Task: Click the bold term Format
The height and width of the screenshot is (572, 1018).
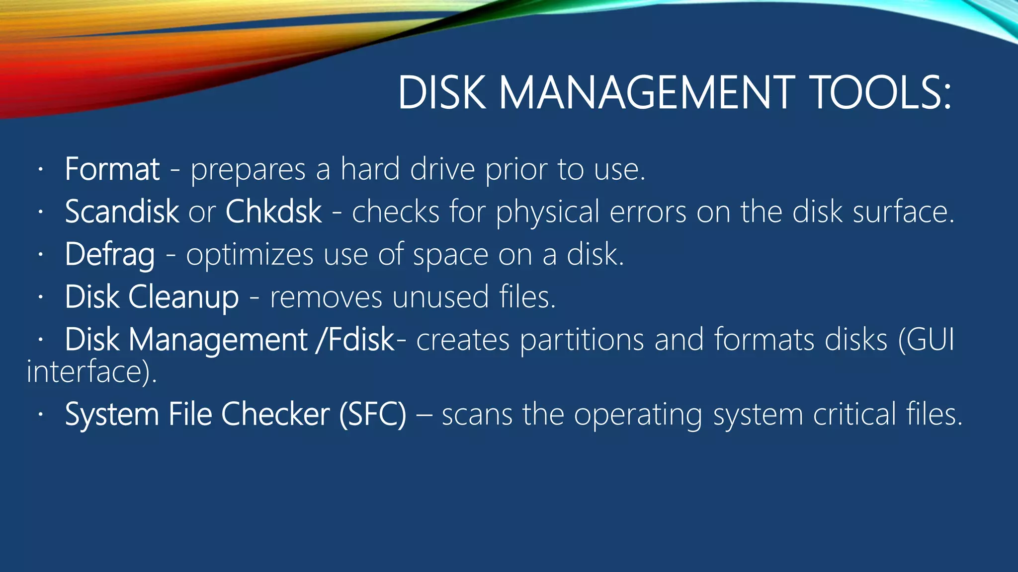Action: coord(112,169)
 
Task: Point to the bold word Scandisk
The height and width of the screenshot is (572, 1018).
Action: coord(122,212)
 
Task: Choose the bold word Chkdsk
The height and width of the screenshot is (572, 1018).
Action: coord(274,212)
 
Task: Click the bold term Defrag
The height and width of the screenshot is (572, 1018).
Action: coord(110,255)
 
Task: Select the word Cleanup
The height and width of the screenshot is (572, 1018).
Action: coord(183,297)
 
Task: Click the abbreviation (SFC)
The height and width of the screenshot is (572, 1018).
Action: coord(373,414)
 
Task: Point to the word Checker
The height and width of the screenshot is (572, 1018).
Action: coord(275,414)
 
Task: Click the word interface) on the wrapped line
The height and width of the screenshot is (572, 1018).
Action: coord(91,371)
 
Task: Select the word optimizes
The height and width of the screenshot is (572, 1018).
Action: coord(250,255)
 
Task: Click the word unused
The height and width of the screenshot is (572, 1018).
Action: coord(440,297)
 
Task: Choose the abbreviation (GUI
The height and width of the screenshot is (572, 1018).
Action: coord(927,340)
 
